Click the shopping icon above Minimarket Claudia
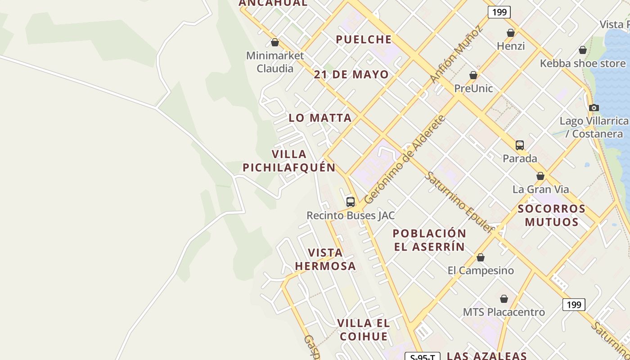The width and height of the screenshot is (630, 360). coord(275,43)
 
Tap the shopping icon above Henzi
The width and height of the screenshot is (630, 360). coord(511,33)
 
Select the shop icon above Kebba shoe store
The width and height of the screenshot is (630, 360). coord(583,50)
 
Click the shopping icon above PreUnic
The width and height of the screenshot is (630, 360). coord(473,75)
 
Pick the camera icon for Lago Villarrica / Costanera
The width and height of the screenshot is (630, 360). coord(594,108)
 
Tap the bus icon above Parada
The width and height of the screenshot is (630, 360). coord(520,145)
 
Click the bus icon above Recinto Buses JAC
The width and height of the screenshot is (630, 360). coord(351,202)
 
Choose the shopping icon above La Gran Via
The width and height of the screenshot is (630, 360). coord(540,176)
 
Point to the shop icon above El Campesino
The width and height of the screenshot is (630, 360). coord(481,257)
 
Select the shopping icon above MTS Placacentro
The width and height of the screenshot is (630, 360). coord(504,299)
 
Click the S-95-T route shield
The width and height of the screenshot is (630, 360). coord(422,357)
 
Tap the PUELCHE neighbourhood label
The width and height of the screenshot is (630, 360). coord(364,40)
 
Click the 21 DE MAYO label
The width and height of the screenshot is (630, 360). coord(351,75)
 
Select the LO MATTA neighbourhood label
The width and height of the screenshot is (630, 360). coord(320,118)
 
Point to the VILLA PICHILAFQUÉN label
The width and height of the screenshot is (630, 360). coord(289,161)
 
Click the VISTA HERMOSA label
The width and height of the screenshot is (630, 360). coord(325,259)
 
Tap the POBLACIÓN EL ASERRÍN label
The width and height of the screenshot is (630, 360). coord(429,240)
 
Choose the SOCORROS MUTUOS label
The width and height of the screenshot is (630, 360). coord(552,215)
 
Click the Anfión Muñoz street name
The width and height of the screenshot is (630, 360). coord(456,54)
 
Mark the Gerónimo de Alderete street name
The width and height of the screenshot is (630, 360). coord(405,159)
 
